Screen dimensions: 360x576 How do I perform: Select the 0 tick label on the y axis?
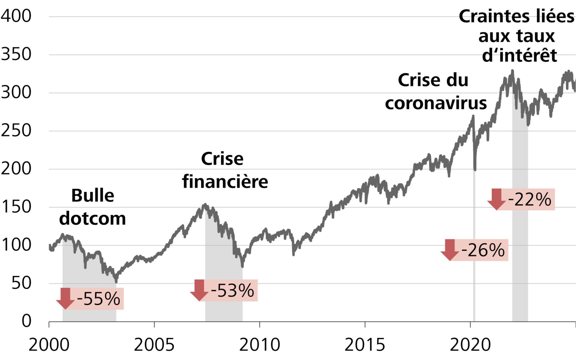[x=26, y=321]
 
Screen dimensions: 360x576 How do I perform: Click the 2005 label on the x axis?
[x=154, y=345]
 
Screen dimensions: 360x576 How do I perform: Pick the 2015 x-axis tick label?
[x=364, y=345]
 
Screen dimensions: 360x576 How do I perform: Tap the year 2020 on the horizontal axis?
[x=470, y=345]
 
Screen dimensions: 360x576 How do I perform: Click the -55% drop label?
[x=99, y=299]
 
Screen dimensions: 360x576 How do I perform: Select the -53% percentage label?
[x=232, y=290]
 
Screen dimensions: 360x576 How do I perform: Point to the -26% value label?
[x=483, y=250]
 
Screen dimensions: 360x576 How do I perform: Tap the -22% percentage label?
[x=530, y=199]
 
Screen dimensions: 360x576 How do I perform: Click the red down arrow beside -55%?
[x=65, y=298]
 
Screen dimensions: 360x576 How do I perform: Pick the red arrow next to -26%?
[x=450, y=250]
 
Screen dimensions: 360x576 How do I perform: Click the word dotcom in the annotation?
[x=92, y=218]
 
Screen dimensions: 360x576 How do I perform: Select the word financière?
[x=225, y=181]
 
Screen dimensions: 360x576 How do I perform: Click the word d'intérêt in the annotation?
[x=519, y=55]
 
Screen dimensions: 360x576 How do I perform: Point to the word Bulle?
[x=93, y=196]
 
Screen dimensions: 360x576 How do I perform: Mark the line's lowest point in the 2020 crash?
[x=475, y=169]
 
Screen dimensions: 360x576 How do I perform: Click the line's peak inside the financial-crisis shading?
[x=205, y=205]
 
